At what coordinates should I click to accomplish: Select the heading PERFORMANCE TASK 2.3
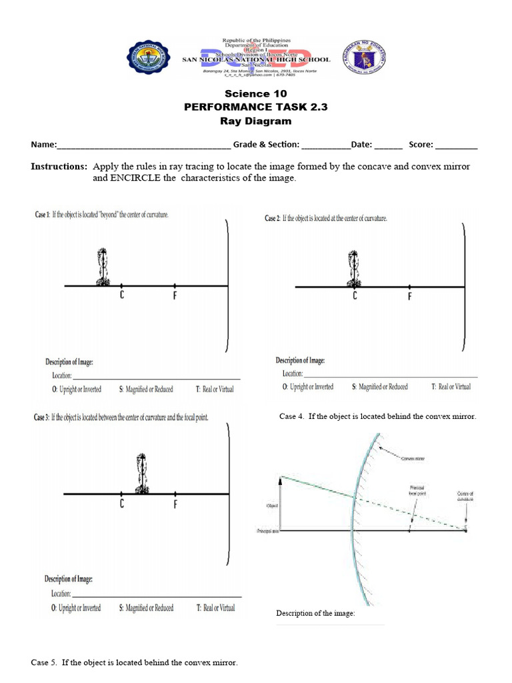[x=256, y=107]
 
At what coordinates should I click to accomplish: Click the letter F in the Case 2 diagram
[x=409, y=297]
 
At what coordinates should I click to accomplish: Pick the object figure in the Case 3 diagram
[x=141, y=473]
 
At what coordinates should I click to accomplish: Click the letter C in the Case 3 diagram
[x=122, y=504]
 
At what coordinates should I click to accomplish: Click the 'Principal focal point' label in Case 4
[x=417, y=491]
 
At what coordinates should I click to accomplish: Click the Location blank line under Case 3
[x=157, y=594]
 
